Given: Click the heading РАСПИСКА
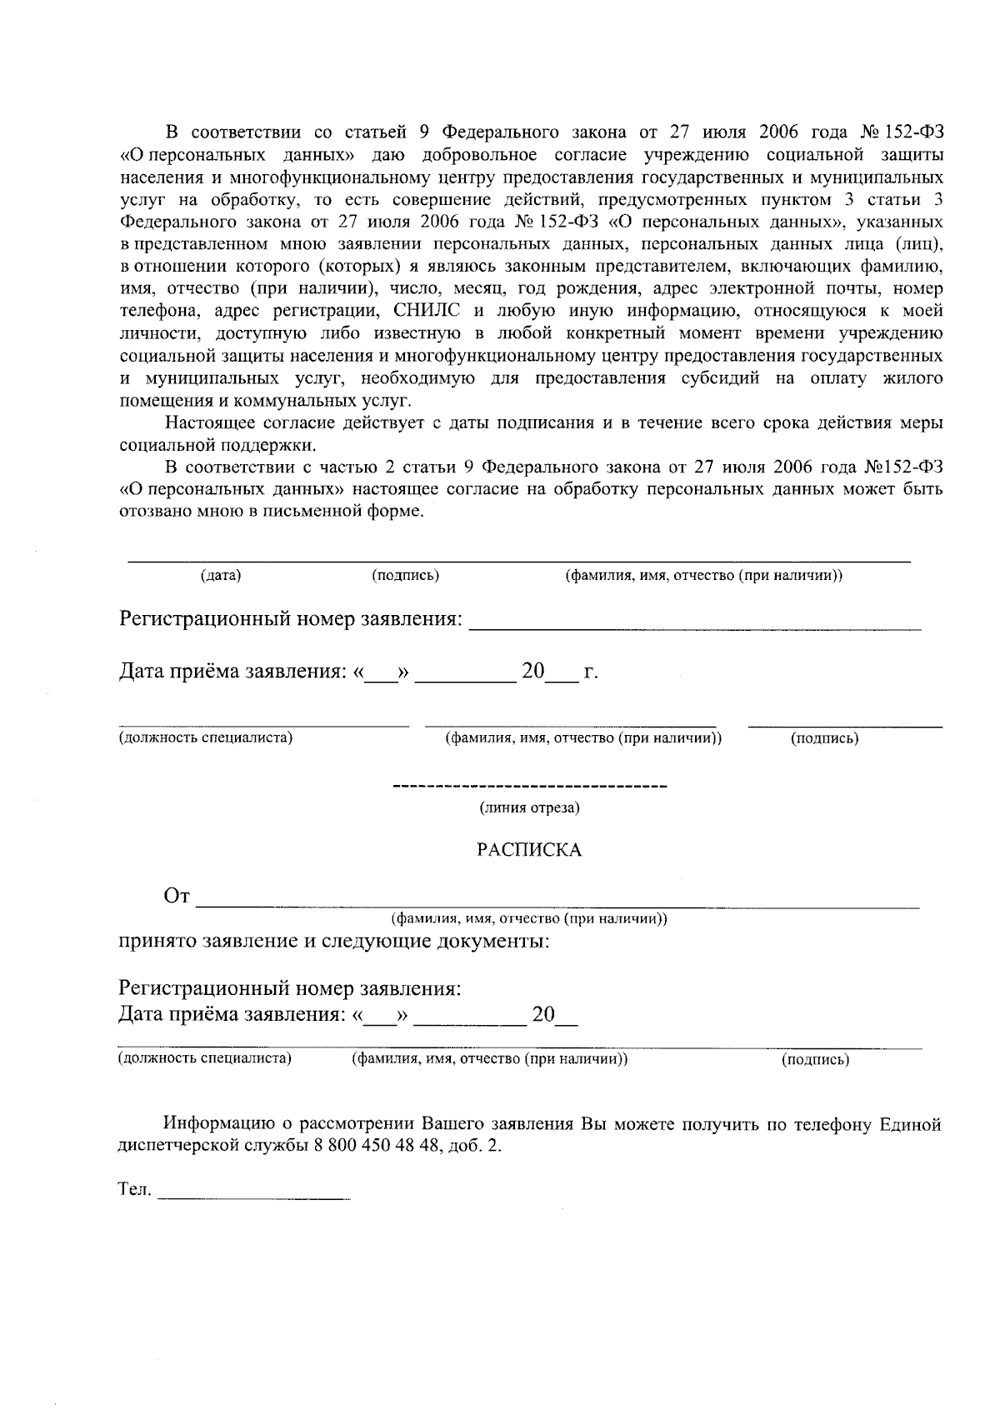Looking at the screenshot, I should [528, 850].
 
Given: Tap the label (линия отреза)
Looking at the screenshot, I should [529, 807].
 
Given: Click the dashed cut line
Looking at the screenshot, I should [529, 787].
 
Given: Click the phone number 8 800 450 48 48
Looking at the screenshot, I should [377, 1146].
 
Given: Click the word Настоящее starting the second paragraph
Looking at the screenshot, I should [207, 422].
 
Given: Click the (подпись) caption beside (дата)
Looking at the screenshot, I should [405, 576].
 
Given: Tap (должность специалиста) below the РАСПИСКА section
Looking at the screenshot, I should [204, 1059].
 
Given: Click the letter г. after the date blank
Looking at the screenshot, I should [590, 672].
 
